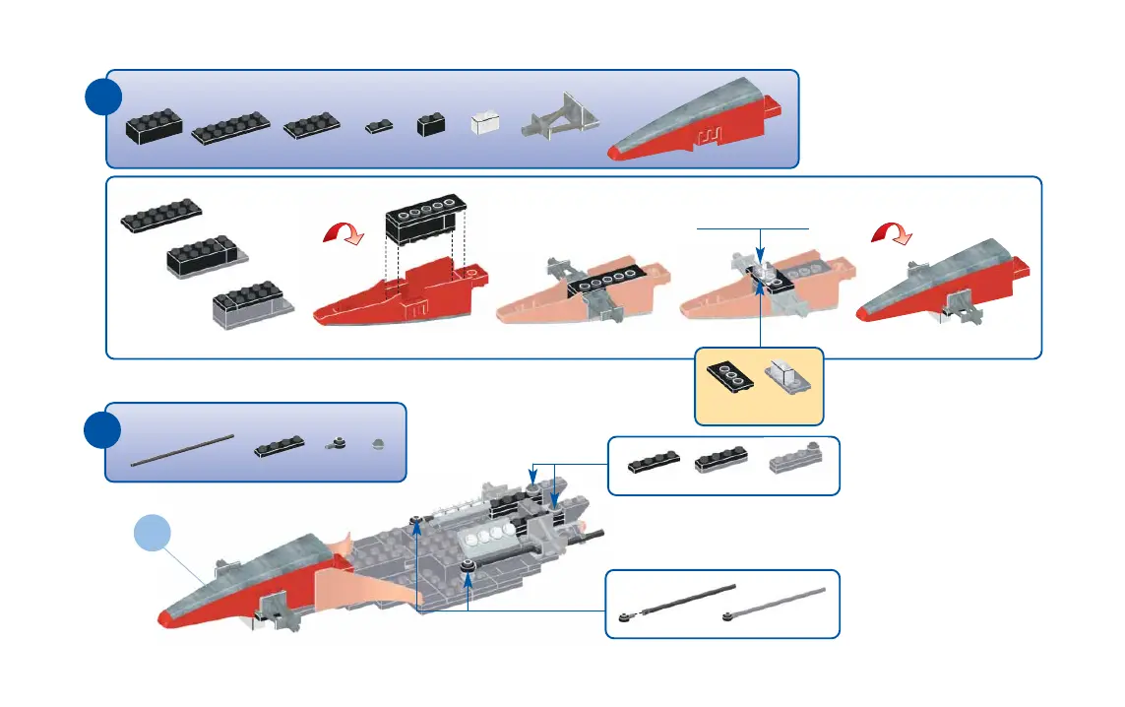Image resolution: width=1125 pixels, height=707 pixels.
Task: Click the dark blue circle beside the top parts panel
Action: (102, 97)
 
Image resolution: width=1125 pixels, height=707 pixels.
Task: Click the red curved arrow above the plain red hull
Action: (344, 234)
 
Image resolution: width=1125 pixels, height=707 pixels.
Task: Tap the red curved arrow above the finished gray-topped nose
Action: (893, 232)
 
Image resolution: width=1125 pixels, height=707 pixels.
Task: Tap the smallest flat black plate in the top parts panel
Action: (379, 126)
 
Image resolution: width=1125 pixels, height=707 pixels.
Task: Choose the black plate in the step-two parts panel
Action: (278, 447)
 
